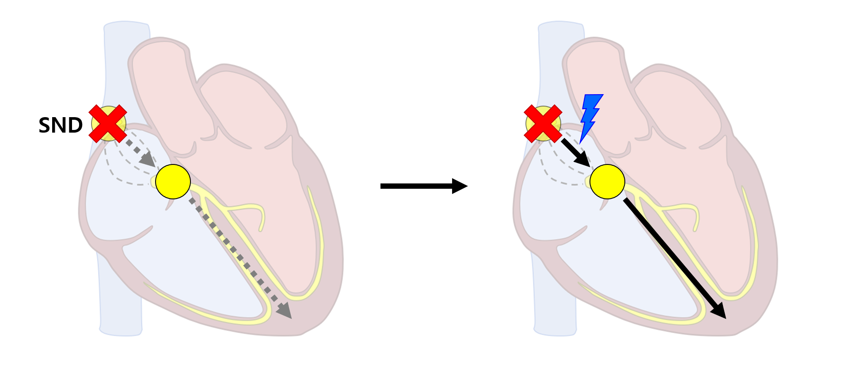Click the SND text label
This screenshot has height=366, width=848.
61,126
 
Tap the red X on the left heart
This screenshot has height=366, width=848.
108,124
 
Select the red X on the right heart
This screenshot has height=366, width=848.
543,124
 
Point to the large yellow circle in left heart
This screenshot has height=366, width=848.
173,182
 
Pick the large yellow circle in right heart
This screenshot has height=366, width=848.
607,182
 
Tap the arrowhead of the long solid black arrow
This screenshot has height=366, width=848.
719,311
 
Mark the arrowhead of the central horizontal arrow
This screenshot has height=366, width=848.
460,186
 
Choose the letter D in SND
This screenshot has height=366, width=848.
76,126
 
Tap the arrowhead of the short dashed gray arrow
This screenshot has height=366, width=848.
148,160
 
